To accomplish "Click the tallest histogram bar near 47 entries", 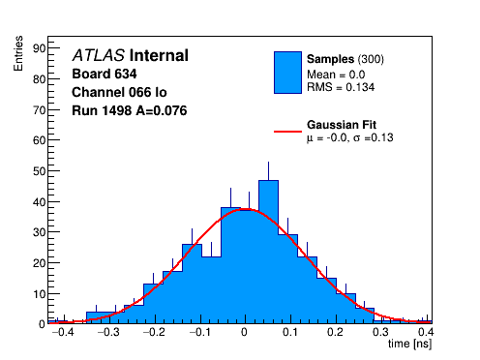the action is point(268,252).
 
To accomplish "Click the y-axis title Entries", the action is point(18,53).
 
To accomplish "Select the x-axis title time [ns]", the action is point(409,344).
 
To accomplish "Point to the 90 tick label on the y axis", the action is point(40,48).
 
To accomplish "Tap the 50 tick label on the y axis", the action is point(40,171).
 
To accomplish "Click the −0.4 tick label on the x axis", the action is point(63,332).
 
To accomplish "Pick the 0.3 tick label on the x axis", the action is point(380,332).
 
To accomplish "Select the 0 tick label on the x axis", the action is point(244,332).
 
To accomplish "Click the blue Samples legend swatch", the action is point(287,73).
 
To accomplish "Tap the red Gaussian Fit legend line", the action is point(287,132).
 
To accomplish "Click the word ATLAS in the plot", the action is point(99,55).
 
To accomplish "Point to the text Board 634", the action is point(105,74).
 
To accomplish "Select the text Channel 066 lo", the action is point(119,92).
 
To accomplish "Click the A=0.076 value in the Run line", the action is point(162,110).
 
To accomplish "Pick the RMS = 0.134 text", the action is point(341,87).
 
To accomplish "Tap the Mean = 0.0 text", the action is point(336,75).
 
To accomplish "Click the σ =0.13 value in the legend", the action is point(374,137).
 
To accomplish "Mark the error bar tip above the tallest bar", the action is point(268,162).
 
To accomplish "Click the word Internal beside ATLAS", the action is point(159,55).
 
